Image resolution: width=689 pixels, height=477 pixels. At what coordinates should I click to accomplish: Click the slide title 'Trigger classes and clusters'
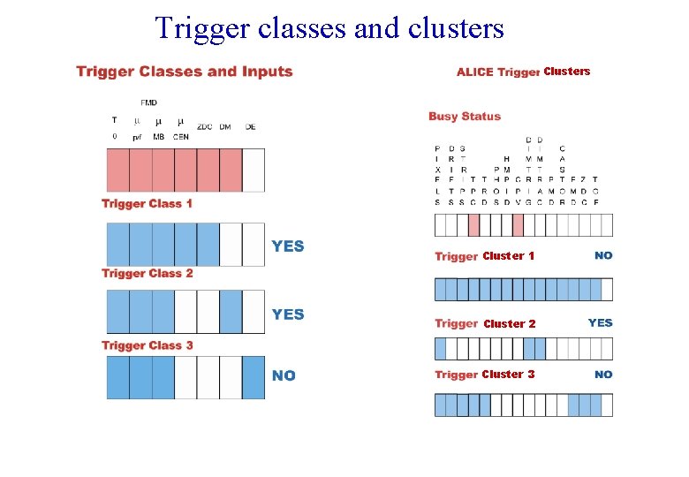pyautogui.click(x=329, y=27)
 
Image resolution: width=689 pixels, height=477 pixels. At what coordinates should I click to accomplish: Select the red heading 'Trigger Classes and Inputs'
pyautogui.click(x=184, y=72)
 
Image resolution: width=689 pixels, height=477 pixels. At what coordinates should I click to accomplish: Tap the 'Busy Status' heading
pyautogui.click(x=464, y=117)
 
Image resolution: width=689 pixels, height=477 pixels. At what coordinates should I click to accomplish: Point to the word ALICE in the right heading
pyautogui.click(x=474, y=72)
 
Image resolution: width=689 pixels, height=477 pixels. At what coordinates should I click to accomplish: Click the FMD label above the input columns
pyautogui.click(x=148, y=102)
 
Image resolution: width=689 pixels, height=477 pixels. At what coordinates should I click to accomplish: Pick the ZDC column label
pyautogui.click(x=203, y=127)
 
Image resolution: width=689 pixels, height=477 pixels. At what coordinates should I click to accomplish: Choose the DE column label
pyautogui.click(x=251, y=127)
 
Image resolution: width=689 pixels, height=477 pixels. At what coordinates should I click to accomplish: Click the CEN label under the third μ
pyautogui.click(x=180, y=137)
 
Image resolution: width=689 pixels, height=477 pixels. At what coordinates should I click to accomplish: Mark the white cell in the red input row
pyautogui.click(x=253, y=170)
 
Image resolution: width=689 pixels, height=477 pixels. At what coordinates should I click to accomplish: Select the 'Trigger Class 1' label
pyautogui.click(x=147, y=204)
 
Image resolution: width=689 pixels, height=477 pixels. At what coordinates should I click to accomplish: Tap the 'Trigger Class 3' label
pyautogui.click(x=147, y=345)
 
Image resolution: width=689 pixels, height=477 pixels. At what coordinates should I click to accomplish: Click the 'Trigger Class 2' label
pyautogui.click(x=147, y=274)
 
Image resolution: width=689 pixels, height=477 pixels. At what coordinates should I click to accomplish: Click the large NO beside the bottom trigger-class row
pyautogui.click(x=284, y=376)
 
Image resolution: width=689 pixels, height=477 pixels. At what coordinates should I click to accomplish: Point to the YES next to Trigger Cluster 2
pyautogui.click(x=600, y=322)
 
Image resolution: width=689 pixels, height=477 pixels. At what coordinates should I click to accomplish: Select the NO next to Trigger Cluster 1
pyautogui.click(x=603, y=255)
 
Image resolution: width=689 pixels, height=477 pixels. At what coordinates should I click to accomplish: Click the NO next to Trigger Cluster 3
pyautogui.click(x=603, y=375)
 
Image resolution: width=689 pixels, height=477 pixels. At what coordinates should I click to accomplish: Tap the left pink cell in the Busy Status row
pyautogui.click(x=473, y=225)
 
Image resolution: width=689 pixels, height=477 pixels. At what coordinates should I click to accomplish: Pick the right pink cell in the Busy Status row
pyautogui.click(x=518, y=225)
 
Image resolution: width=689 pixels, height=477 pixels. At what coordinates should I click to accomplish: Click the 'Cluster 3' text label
pyautogui.click(x=508, y=375)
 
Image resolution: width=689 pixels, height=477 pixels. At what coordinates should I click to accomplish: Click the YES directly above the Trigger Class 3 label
pyautogui.click(x=288, y=314)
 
